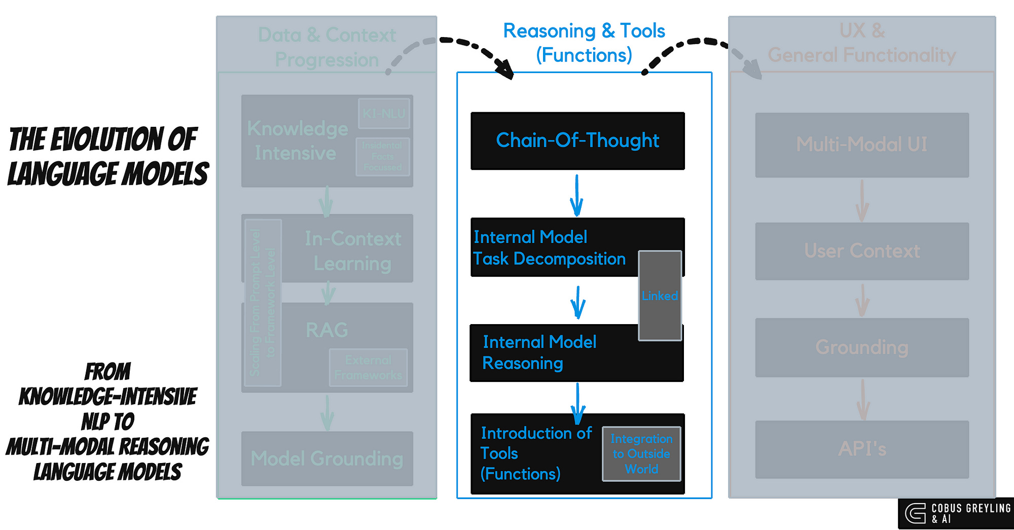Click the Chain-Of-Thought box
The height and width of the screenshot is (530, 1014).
click(577, 140)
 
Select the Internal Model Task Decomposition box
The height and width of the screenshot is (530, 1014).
click(550, 248)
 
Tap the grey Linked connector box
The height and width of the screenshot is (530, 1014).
click(660, 296)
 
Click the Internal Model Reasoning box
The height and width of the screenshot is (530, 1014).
click(548, 353)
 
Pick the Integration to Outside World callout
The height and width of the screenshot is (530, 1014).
click(641, 454)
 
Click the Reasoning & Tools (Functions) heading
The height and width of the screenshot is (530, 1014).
click(584, 43)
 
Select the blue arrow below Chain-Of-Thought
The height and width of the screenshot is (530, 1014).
click(576, 195)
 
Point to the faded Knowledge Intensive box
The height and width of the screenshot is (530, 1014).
click(297, 141)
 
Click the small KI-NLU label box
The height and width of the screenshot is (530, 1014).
click(384, 114)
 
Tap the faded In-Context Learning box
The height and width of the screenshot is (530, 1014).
click(352, 251)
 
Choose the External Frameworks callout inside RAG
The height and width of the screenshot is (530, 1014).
click(368, 368)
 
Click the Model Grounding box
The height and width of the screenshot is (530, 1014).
click(327, 458)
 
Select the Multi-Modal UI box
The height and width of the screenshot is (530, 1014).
click(862, 145)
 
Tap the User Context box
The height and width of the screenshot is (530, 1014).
click(862, 251)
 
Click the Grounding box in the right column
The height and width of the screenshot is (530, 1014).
click(862, 347)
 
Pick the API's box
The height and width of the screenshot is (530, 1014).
click(862, 449)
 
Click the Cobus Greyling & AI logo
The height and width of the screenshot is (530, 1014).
click(956, 513)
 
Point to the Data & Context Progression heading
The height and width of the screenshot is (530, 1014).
click(327, 47)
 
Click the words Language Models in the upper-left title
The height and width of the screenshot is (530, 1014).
click(108, 174)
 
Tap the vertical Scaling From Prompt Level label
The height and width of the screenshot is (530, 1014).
click(263, 303)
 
